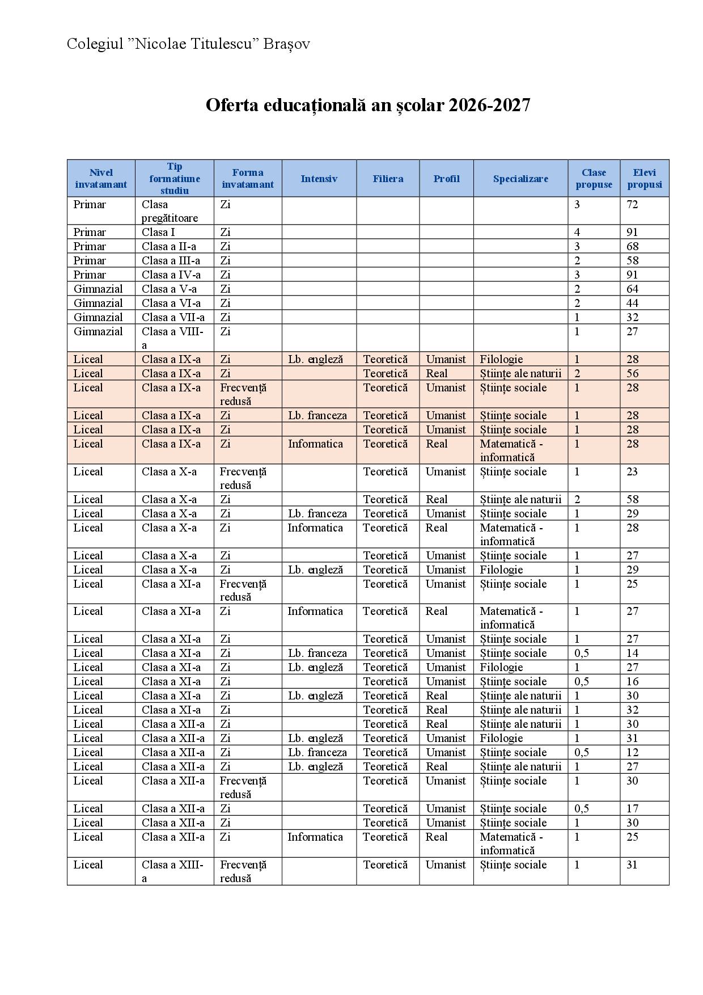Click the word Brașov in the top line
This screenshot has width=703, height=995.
[x=286, y=44]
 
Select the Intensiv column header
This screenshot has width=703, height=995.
[x=319, y=179]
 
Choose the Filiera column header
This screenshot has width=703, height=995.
[x=388, y=179]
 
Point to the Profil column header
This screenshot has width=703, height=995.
[x=446, y=179]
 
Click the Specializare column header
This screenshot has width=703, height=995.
[x=520, y=179]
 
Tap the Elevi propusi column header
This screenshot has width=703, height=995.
[x=644, y=179]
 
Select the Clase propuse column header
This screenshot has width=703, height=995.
[x=594, y=179]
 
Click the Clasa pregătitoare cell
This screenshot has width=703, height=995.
[x=170, y=211]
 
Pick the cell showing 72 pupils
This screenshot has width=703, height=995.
[x=632, y=205]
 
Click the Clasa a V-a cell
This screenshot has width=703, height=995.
[x=169, y=289]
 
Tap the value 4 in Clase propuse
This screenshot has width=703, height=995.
[x=577, y=232]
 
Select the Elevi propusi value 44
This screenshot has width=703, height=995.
[x=632, y=303]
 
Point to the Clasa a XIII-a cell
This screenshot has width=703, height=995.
[x=172, y=871]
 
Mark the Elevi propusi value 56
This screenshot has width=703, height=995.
[x=632, y=373]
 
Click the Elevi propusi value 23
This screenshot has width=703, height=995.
[x=632, y=471]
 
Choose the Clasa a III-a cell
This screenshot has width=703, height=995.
[x=171, y=260]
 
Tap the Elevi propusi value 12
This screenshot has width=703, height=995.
[x=632, y=752]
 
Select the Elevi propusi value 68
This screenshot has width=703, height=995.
[x=632, y=246]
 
